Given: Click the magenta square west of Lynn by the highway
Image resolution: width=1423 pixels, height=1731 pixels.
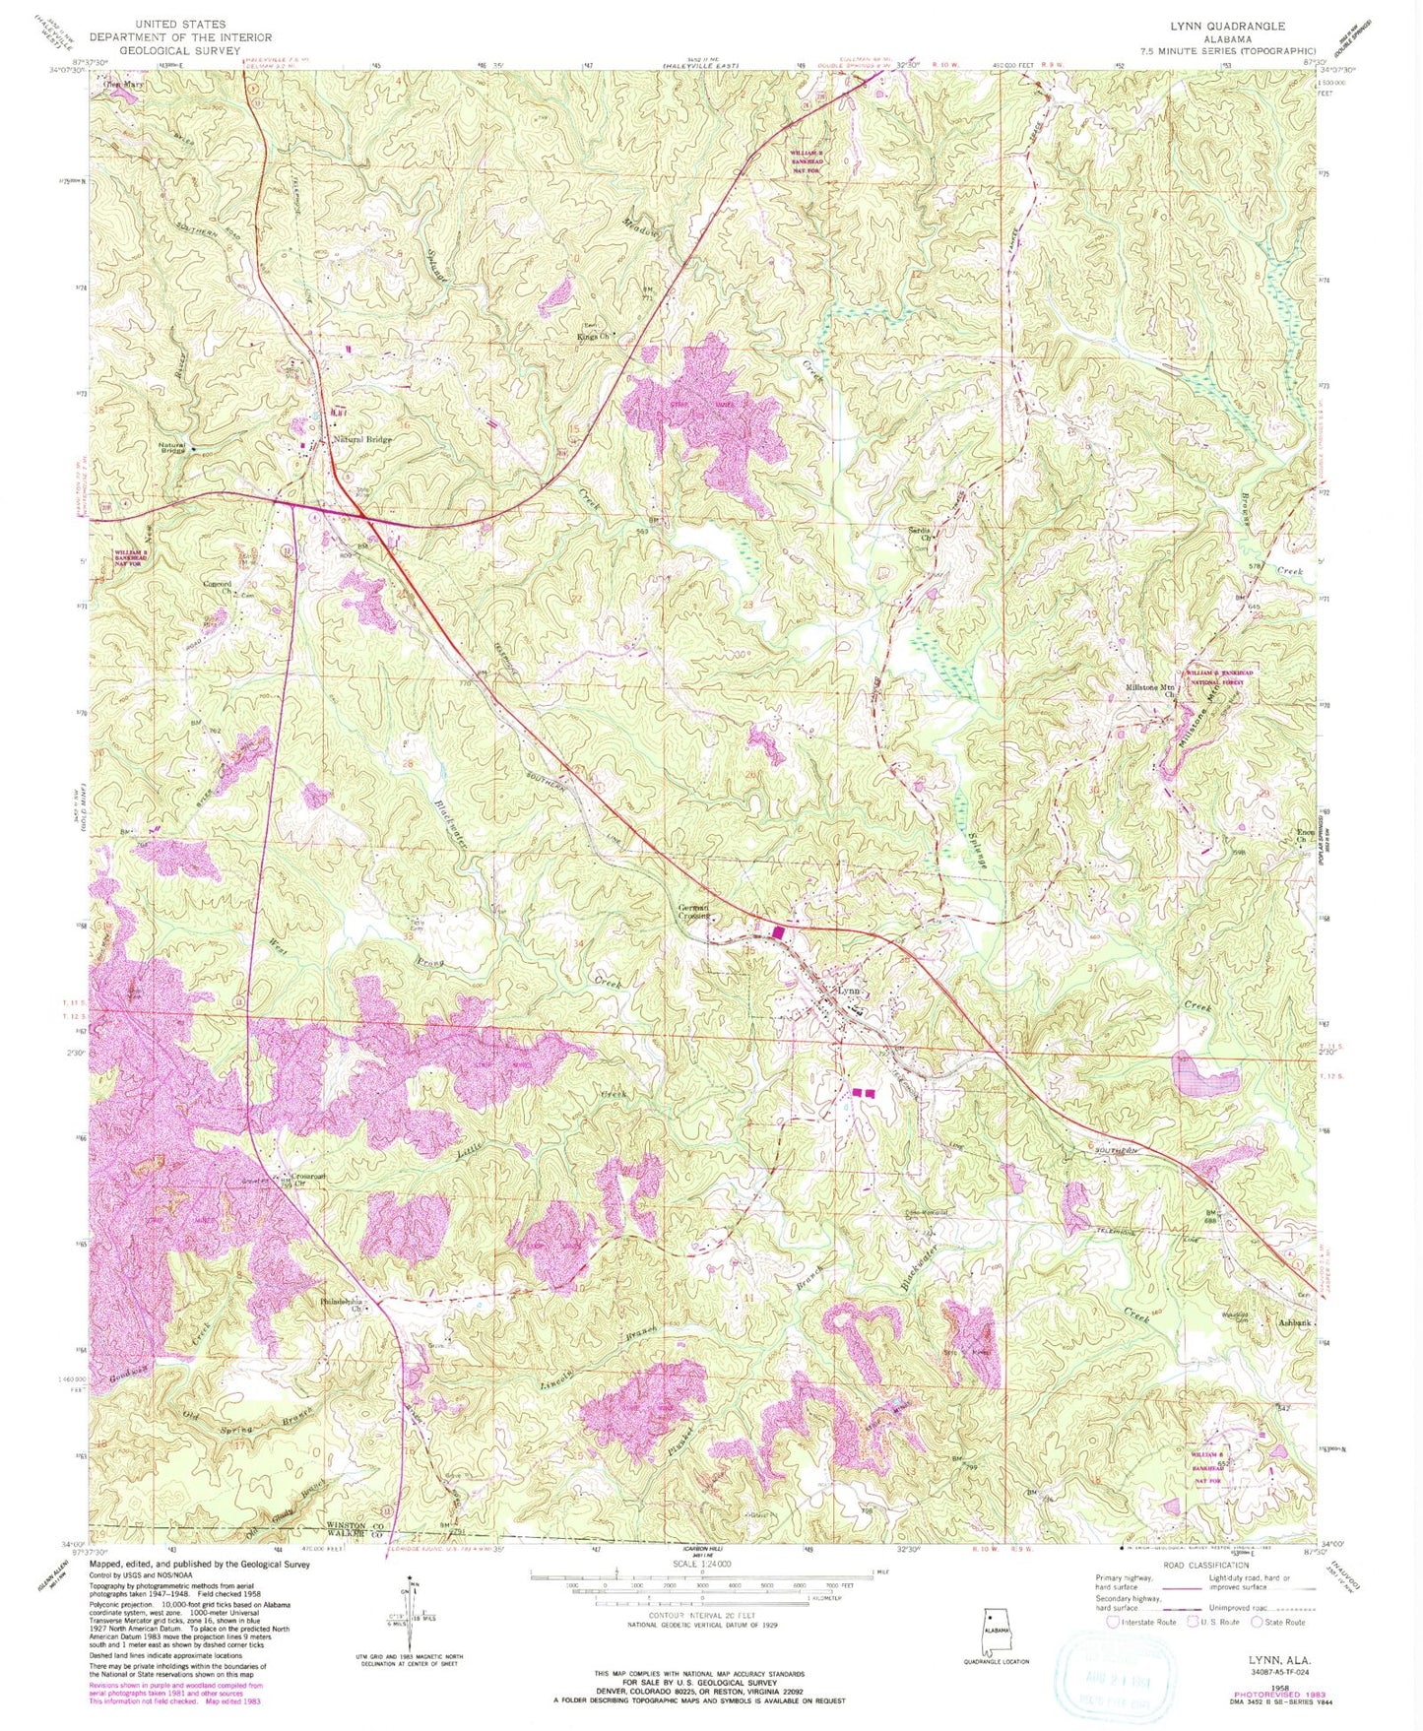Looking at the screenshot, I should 778,931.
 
